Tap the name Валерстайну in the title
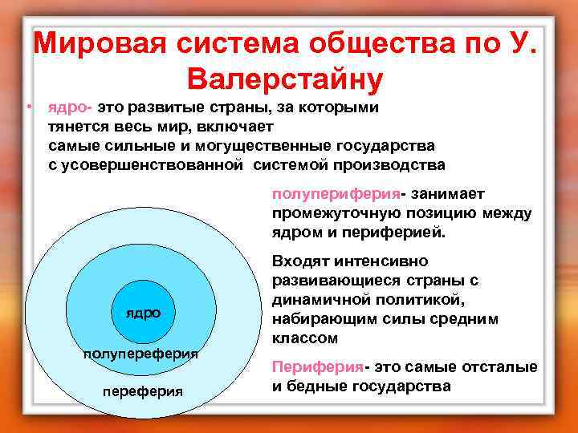285,80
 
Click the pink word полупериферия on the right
336,194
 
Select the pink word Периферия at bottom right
317,367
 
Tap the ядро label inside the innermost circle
142,313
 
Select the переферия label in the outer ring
143,391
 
